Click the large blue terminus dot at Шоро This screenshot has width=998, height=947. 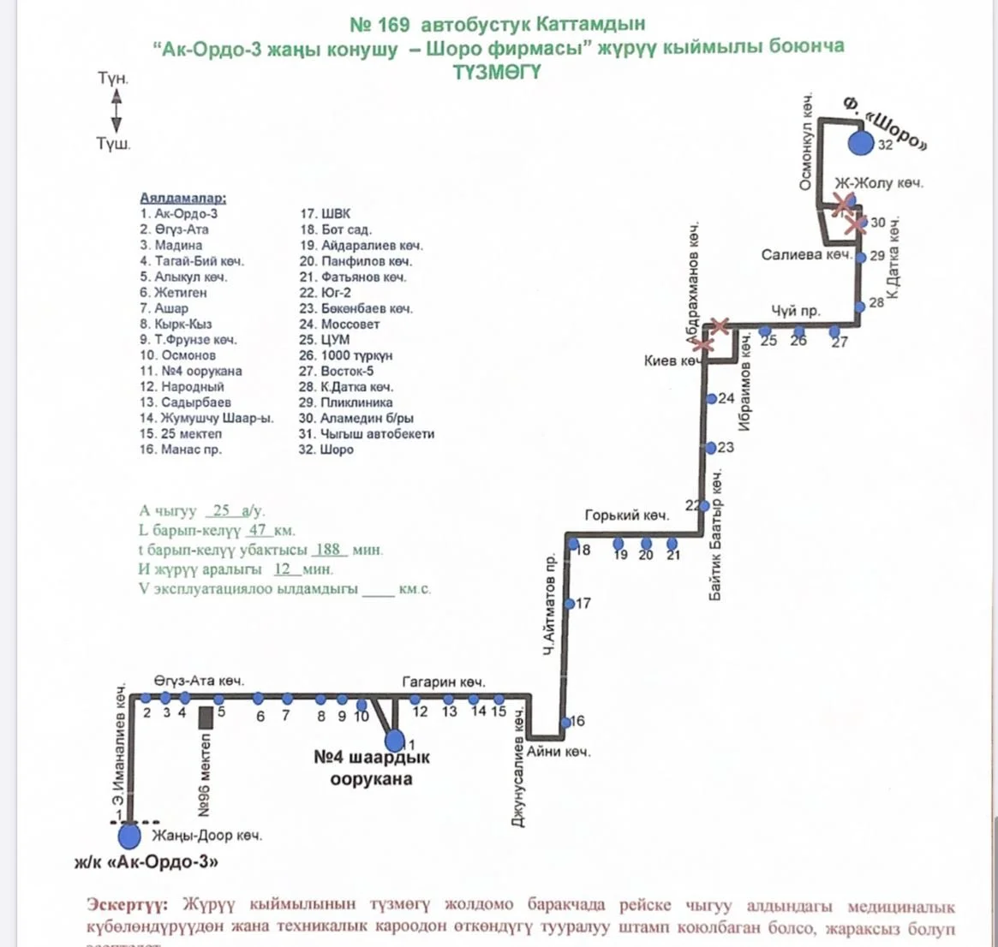click(860, 143)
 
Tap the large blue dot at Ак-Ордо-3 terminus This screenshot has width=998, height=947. click(129, 834)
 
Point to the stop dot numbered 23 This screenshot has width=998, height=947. click(711, 448)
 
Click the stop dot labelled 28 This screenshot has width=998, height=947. click(859, 304)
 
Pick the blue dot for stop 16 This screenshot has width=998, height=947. click(565, 723)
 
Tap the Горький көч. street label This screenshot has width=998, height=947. click(626, 515)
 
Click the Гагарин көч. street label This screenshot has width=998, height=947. click(444, 682)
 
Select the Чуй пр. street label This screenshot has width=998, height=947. click(795, 310)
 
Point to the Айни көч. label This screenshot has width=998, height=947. click(559, 752)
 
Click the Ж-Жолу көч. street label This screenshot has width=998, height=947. click(878, 183)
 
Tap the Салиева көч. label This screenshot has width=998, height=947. click(806, 255)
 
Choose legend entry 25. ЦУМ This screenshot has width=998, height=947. click(324, 340)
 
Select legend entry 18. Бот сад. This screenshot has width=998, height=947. click(335, 229)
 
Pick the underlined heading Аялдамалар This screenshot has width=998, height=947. click(183, 198)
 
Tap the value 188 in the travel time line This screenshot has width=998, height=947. click(327, 550)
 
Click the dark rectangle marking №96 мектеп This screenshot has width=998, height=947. click(206, 718)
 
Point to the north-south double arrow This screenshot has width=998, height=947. click(117, 111)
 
